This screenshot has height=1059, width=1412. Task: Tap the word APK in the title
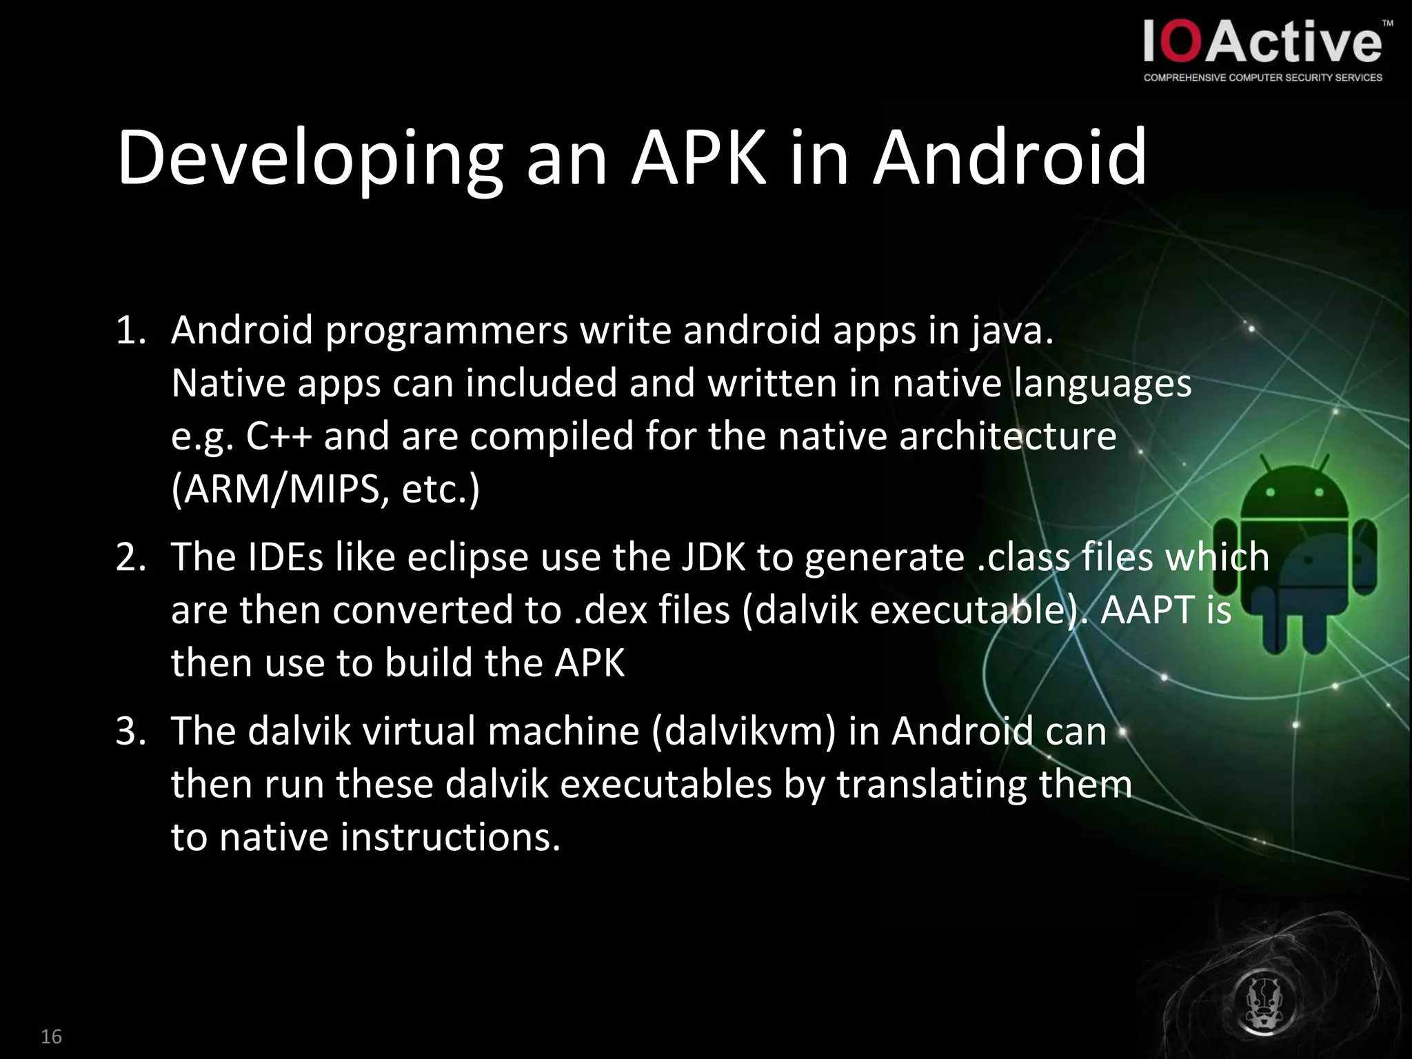point(698,158)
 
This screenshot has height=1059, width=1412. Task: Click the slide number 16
point(51,1036)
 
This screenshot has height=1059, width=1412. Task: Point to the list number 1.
point(130,331)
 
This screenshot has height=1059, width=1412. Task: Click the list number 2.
point(130,557)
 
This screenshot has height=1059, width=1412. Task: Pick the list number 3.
point(130,732)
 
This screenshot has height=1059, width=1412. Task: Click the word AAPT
point(1147,611)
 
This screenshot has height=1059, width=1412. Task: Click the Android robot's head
point(1293,493)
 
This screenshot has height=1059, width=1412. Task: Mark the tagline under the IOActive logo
point(1262,78)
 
